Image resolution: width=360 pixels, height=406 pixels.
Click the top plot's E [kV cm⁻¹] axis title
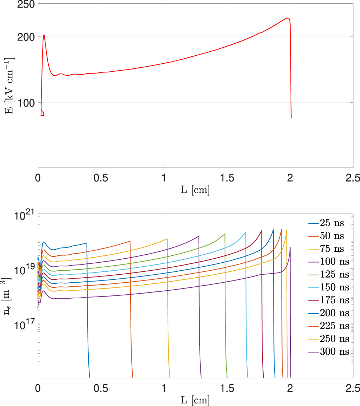(x=9, y=86)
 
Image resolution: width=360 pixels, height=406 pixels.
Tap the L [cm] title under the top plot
(x=195, y=190)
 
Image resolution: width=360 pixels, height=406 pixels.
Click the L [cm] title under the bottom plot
(x=195, y=400)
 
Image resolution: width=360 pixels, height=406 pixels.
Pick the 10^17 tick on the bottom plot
(x=23, y=323)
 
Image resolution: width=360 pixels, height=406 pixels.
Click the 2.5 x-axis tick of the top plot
(x=352, y=178)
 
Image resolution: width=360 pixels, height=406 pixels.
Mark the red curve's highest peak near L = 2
(x=288, y=18)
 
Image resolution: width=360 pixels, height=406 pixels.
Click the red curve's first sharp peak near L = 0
(x=44, y=35)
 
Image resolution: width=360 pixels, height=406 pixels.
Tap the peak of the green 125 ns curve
(x=225, y=234)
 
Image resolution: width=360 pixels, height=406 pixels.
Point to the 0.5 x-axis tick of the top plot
(x=101, y=178)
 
